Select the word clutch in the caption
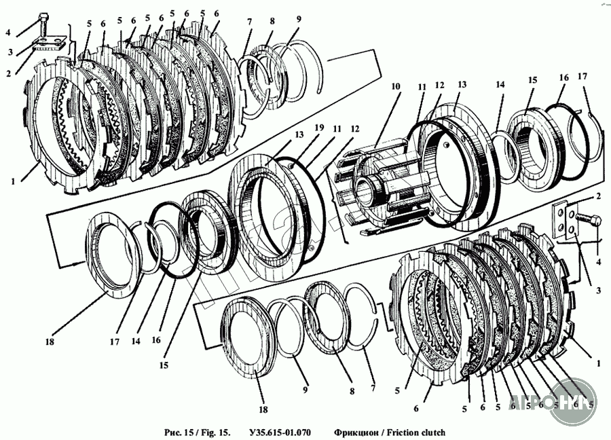(x=430, y=433)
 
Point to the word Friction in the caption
(x=401, y=433)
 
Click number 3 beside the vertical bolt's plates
(x=10, y=52)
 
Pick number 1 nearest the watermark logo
(x=598, y=364)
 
